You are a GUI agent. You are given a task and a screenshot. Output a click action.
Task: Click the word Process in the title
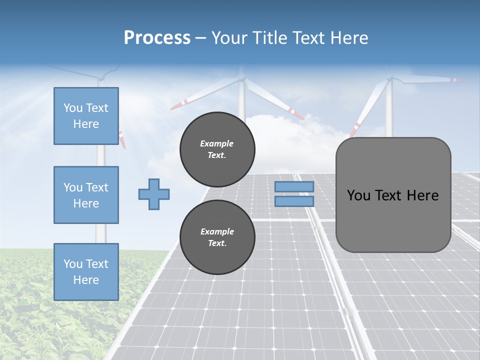(157, 37)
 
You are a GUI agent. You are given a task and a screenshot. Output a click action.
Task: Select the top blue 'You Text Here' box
(86, 116)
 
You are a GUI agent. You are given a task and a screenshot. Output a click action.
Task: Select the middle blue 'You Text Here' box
(86, 195)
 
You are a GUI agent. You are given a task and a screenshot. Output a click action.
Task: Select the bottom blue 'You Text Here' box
(86, 272)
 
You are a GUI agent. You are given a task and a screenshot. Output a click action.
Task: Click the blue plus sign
(154, 194)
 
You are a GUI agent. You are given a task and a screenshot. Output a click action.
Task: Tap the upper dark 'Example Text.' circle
(217, 149)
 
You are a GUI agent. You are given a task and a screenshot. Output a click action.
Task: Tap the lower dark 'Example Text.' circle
(217, 237)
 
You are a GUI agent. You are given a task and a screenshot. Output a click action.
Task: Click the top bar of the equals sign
(294, 186)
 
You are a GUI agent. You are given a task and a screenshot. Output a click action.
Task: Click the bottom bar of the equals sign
(294, 201)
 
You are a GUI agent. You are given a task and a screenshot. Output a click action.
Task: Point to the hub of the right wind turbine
(389, 79)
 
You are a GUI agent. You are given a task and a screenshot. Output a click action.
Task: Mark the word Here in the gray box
(422, 195)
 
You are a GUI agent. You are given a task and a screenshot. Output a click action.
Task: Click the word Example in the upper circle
(217, 143)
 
